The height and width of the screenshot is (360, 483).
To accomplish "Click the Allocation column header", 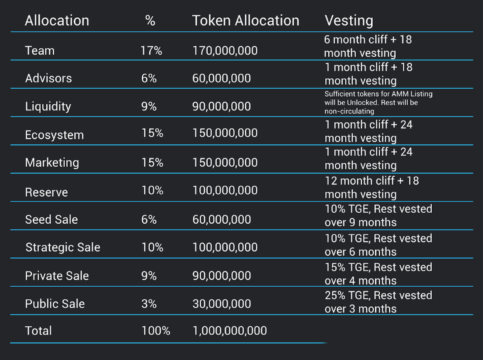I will point(57,21).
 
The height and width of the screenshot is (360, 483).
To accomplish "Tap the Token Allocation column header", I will point(246,21).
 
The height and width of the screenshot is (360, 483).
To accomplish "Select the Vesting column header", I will point(349,21).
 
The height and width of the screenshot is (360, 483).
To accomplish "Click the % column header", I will point(150,21).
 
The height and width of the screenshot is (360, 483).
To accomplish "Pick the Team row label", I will point(39,51).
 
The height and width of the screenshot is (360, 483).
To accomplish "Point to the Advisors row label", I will point(48,78).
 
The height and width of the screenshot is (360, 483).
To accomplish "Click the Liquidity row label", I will point(48,106).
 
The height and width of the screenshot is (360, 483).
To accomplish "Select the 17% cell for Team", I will point(151,51).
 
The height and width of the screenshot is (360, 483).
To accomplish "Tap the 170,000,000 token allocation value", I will point(225,51).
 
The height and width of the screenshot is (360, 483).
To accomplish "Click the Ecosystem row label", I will point(54,134).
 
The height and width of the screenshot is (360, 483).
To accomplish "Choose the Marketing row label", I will point(52,163).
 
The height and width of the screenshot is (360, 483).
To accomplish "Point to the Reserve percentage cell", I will point(152,190).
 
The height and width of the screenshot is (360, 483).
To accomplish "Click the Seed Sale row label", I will point(52,219).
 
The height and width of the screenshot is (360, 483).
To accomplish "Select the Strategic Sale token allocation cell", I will point(225,247).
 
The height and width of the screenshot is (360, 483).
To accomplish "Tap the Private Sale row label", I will point(57,276).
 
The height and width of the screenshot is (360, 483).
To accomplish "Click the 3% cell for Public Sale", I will point(149,304).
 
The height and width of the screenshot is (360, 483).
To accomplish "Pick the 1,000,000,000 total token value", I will point(229,331).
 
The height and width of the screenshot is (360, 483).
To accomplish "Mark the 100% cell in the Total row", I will point(156,331).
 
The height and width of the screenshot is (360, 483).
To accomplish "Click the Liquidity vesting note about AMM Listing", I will point(378,102).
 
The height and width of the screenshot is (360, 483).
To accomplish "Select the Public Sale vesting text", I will point(378,302).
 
